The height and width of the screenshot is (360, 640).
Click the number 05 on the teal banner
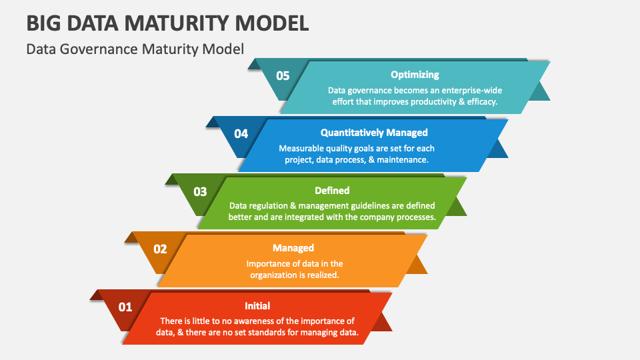point(283,76)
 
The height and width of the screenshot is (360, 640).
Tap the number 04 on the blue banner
point(241,134)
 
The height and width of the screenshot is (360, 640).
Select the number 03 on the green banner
point(200,192)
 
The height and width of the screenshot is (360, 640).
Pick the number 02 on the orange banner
point(160,249)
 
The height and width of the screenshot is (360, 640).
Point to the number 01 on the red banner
point(125,307)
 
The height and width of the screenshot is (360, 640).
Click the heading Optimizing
point(415,75)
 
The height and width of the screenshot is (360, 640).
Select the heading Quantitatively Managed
point(374,133)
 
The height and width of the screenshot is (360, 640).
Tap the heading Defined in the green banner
point(332,191)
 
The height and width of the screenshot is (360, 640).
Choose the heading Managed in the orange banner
point(293,248)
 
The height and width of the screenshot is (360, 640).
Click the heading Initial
point(257,306)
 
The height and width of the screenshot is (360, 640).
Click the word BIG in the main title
point(44,23)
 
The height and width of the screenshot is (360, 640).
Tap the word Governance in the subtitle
point(103,49)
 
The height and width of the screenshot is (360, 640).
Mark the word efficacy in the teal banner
point(482,102)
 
